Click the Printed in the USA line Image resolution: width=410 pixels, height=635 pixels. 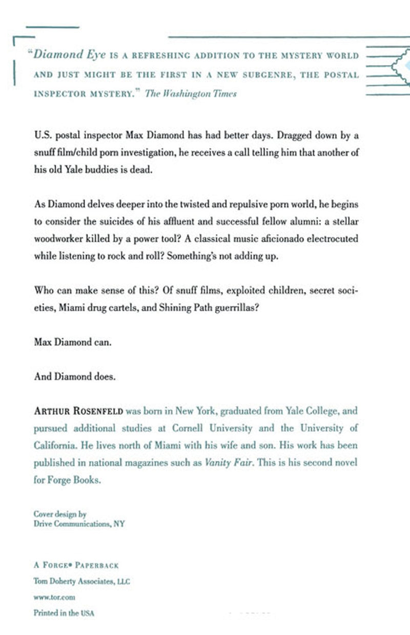point(64,613)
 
